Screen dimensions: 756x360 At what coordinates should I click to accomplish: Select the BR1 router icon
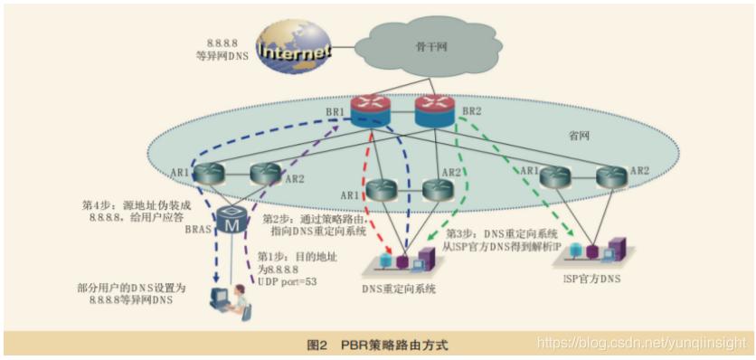373,112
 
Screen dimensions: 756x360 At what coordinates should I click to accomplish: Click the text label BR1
336,112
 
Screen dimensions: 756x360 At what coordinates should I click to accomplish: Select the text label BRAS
196,231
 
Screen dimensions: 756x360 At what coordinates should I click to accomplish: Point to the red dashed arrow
377,190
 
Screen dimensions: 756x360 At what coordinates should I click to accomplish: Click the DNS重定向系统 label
399,289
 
